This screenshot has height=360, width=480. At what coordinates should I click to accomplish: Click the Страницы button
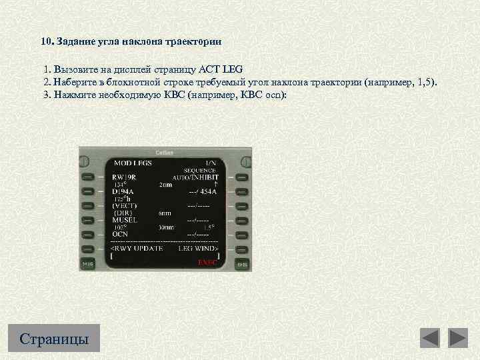(x=54, y=338)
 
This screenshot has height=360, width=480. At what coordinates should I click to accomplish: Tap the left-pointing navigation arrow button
(x=430, y=338)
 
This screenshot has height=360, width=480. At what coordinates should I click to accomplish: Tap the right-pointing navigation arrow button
(x=458, y=338)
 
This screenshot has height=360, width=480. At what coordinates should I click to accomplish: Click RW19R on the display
(x=124, y=177)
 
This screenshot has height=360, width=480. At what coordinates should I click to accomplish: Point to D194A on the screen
(x=123, y=191)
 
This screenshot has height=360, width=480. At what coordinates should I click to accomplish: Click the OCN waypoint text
(x=120, y=234)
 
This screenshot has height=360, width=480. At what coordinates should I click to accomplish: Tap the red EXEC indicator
(x=207, y=262)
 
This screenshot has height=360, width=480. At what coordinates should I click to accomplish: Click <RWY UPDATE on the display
(x=136, y=248)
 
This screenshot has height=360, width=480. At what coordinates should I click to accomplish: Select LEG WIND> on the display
(x=198, y=248)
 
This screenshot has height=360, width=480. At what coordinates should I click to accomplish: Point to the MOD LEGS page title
(x=133, y=163)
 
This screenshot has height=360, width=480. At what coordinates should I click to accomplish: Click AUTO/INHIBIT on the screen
(x=195, y=177)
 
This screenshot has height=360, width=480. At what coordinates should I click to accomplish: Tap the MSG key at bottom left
(x=87, y=264)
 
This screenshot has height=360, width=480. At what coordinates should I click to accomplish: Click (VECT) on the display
(x=125, y=206)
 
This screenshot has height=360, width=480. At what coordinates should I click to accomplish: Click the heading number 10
(x=45, y=41)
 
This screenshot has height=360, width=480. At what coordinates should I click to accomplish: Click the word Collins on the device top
(x=163, y=152)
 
